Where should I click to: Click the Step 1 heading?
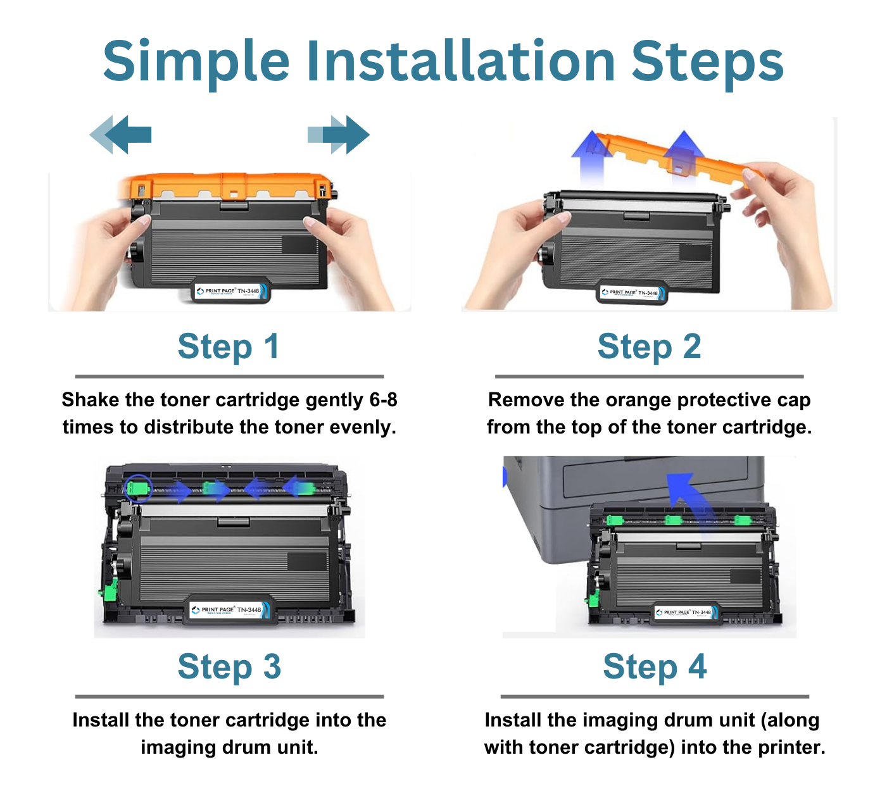[229, 347]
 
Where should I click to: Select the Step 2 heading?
[649, 347]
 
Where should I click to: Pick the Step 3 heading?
[229, 667]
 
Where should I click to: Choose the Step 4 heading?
[655, 667]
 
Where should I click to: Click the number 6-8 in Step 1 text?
[383, 400]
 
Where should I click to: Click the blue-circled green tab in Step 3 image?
[137, 488]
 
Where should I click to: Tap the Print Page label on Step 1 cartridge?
[232, 291]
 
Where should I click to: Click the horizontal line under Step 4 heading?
[655, 696]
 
